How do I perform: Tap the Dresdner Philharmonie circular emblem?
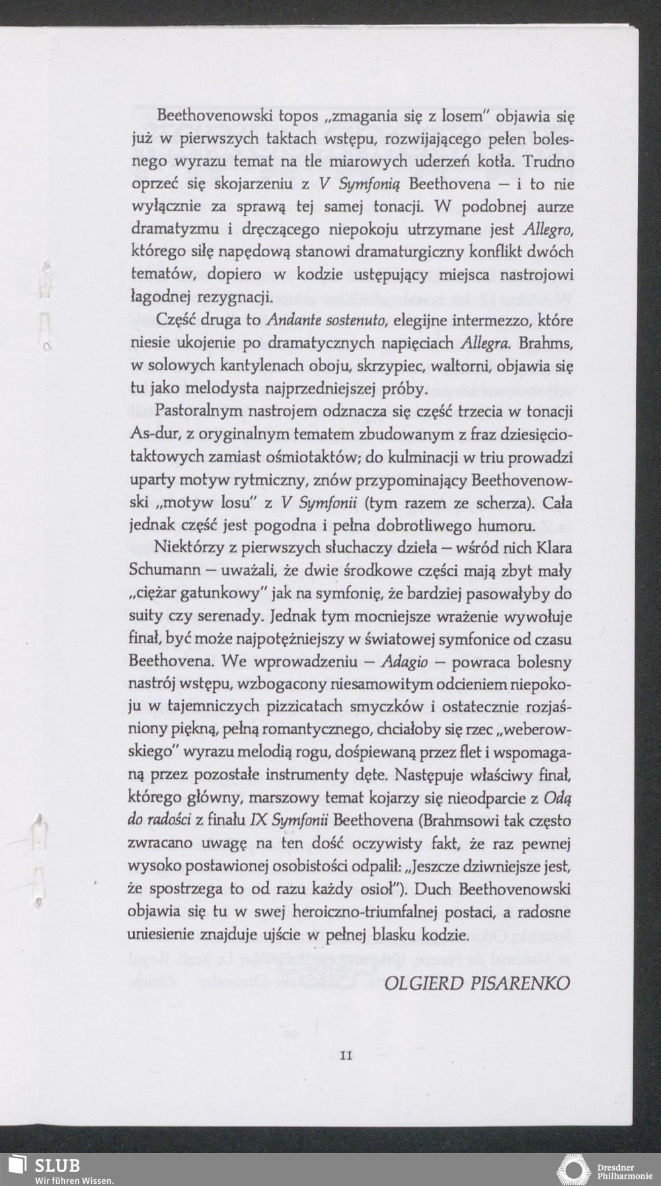click(x=574, y=1169)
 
